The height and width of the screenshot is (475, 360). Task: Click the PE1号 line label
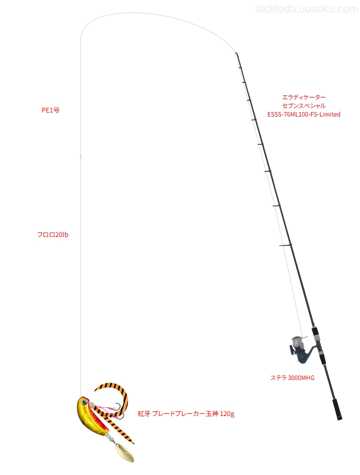(50, 110)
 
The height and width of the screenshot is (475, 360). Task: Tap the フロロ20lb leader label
(52, 234)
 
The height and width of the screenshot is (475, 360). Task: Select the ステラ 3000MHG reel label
(292, 377)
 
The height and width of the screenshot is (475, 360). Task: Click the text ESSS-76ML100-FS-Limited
(304, 114)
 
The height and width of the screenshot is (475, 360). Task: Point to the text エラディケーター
(304, 97)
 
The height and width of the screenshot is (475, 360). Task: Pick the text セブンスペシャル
(304, 105)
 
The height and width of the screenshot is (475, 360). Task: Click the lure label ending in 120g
(186, 413)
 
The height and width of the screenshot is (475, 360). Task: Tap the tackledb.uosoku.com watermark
(306, 9)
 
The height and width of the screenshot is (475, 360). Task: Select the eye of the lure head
(84, 401)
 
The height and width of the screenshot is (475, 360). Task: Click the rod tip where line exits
(236, 53)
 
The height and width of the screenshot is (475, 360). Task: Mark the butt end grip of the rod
(337, 409)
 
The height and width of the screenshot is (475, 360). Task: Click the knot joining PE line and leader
(80, 156)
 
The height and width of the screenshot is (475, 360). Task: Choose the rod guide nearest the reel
(285, 245)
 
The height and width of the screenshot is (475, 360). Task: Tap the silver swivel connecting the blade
(110, 437)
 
